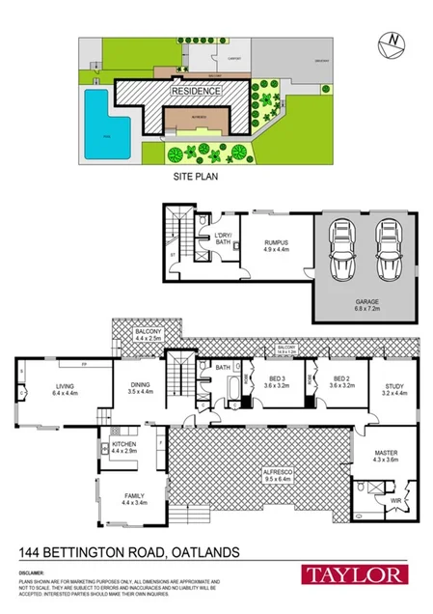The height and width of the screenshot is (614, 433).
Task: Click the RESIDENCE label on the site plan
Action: point(196,91)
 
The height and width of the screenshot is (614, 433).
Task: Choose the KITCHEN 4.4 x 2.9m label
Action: point(124,448)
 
